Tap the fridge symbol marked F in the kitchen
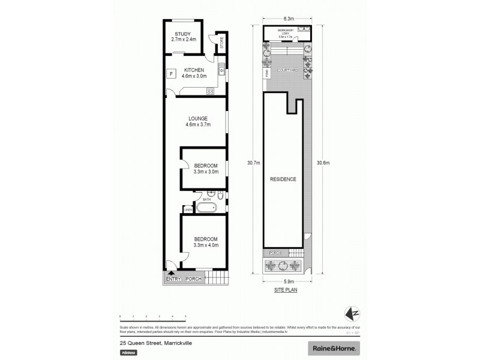(172, 74)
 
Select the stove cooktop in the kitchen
(211, 91)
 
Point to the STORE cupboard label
(221, 43)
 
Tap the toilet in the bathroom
(221, 196)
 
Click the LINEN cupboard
(188, 209)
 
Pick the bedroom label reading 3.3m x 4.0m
(206, 245)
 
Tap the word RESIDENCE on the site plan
(283, 179)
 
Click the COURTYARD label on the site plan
(288, 70)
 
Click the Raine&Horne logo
(334, 348)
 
